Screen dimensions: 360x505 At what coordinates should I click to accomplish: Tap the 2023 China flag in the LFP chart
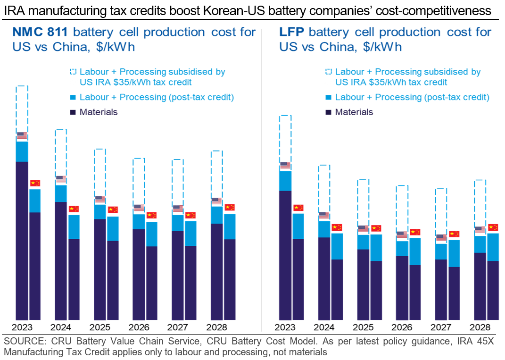click(298, 208)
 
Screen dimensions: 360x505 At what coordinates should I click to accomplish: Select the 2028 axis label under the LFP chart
click(480, 327)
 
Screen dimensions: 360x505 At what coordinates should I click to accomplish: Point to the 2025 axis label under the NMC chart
click(100, 327)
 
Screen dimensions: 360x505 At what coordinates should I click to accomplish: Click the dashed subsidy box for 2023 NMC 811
click(22, 109)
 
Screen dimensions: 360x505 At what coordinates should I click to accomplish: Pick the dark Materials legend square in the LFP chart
click(328, 112)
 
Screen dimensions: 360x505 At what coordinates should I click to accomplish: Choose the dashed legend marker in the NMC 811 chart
click(73, 72)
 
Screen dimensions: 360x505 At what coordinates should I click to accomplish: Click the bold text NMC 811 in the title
click(40, 33)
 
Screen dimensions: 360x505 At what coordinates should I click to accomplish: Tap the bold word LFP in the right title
click(291, 33)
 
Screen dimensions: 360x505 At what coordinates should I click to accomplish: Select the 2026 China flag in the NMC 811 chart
click(151, 215)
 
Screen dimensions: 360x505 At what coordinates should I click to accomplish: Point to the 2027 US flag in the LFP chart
click(441, 238)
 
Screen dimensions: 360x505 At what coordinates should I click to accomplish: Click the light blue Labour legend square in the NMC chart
click(73, 97)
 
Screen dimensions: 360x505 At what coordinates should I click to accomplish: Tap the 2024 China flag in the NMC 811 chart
click(74, 209)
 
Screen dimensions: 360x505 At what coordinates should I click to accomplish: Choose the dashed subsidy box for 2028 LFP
click(480, 203)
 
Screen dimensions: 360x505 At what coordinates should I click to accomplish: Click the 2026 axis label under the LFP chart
click(402, 327)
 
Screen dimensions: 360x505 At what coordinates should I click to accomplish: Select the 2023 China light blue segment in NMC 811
click(35, 201)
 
